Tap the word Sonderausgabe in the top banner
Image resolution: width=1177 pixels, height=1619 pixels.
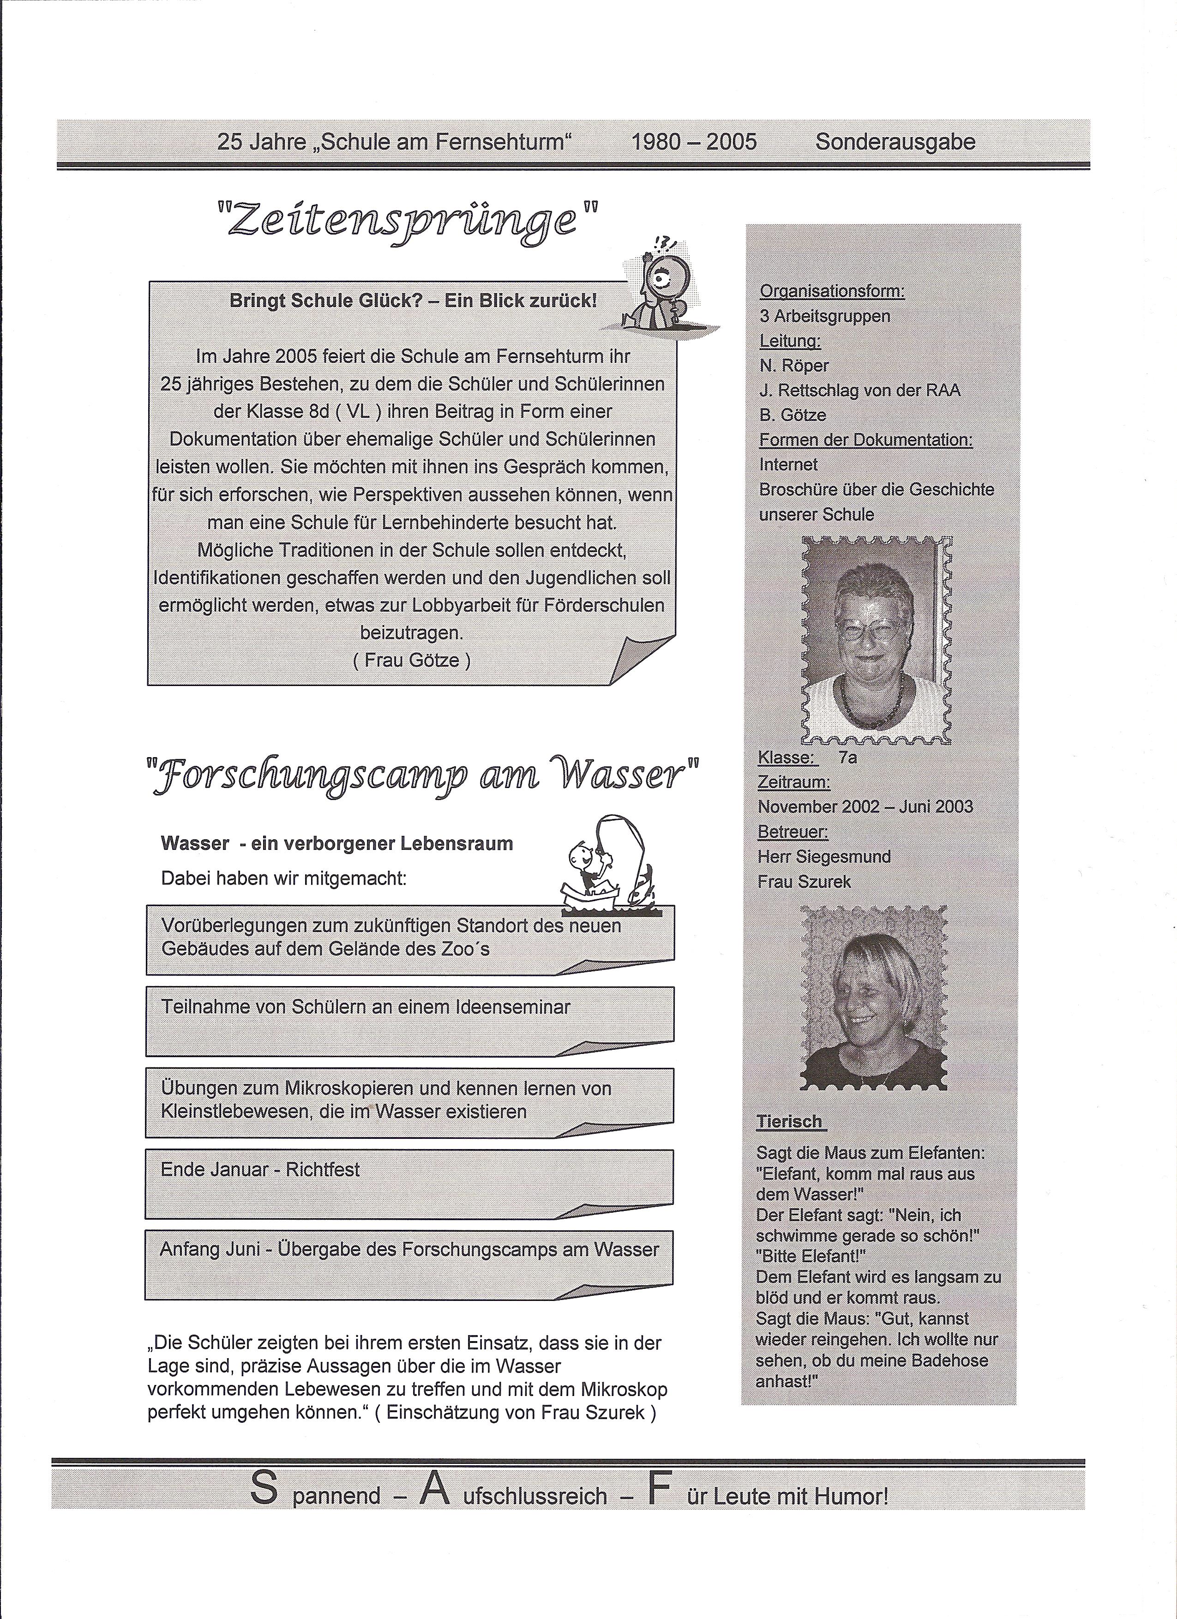(895, 142)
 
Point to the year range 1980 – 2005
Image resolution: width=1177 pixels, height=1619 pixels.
(694, 142)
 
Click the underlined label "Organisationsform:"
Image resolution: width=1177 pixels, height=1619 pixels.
(832, 291)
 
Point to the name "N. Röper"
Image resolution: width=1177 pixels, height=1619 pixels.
(794, 366)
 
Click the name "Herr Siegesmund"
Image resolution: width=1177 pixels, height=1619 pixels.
(824, 857)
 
